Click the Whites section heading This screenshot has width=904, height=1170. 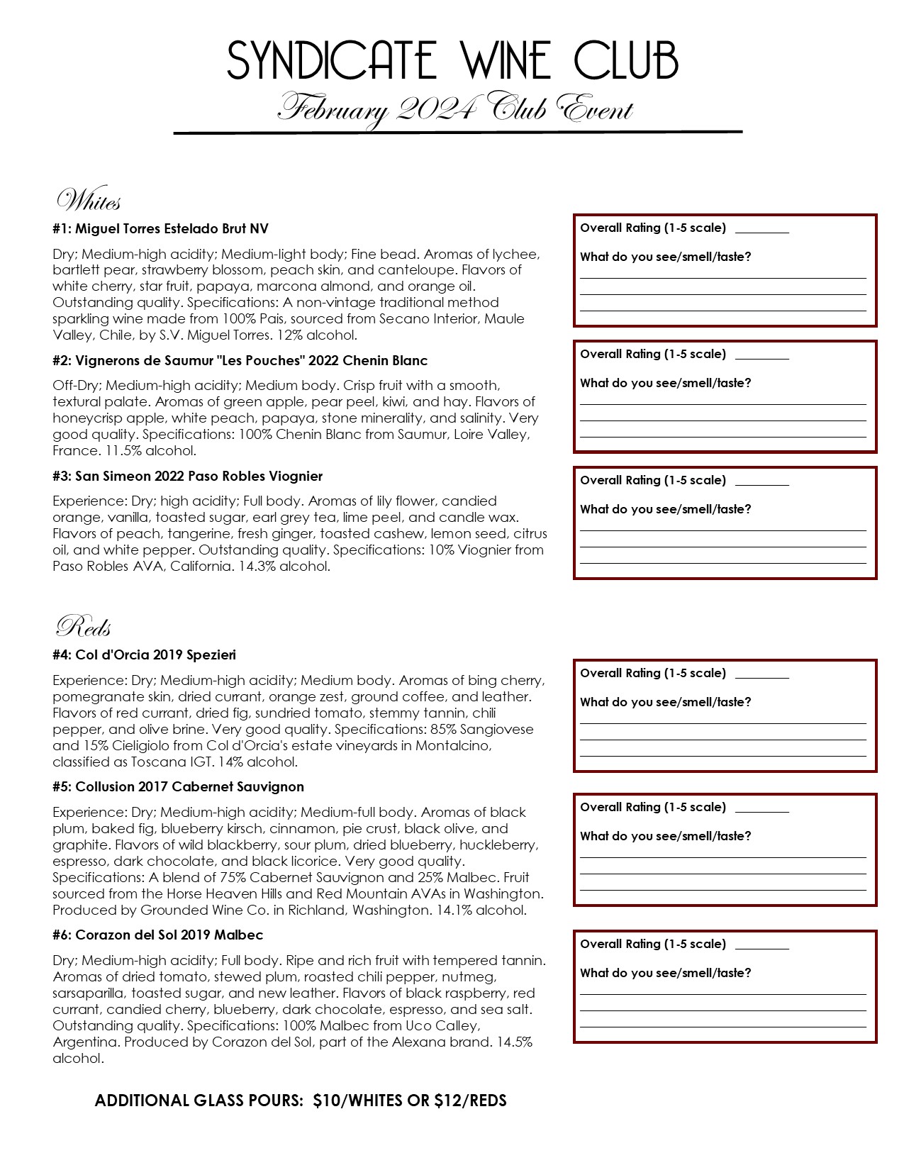pos(89,201)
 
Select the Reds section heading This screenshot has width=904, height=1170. pos(83,627)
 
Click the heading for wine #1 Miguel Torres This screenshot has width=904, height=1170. pos(160,228)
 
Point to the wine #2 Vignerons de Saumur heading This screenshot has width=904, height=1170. pos(240,360)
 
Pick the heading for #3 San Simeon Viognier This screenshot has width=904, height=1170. pos(187,476)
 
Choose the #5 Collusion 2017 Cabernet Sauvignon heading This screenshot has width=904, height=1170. pos(178,786)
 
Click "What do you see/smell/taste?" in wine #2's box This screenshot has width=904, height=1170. pos(665,383)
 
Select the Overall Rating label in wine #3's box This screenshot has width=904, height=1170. pos(653,480)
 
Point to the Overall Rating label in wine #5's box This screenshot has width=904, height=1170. pos(653,807)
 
